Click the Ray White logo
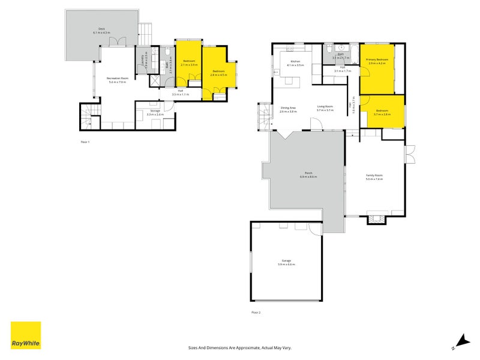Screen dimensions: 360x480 click(x=26, y=335)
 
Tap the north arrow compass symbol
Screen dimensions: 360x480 click(x=459, y=341)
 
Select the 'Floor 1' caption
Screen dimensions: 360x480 click(x=85, y=142)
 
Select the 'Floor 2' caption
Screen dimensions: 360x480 click(x=256, y=313)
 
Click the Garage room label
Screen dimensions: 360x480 click(x=286, y=262)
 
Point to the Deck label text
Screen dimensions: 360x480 click(x=102, y=31)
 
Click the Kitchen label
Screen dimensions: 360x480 click(x=295, y=62)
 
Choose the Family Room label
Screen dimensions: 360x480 click(x=374, y=176)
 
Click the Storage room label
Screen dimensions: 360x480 click(x=155, y=112)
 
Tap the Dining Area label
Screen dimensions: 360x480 click(x=289, y=109)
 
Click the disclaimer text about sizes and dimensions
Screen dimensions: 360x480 click(x=239, y=347)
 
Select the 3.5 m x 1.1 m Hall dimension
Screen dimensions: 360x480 click(x=180, y=94)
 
